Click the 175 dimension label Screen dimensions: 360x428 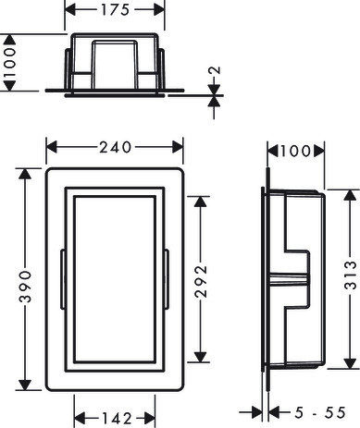click(115, 10)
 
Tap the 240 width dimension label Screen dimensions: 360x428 click(116, 147)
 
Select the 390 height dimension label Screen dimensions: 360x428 click(25, 287)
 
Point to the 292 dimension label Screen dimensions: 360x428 click(201, 281)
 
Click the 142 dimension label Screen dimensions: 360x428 click(117, 419)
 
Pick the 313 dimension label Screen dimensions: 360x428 click(350, 275)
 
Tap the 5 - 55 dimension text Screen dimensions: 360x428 click(320, 412)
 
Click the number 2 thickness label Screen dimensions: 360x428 click(215, 70)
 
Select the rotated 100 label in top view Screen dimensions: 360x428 click(9, 63)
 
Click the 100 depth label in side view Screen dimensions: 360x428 click(295, 151)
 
